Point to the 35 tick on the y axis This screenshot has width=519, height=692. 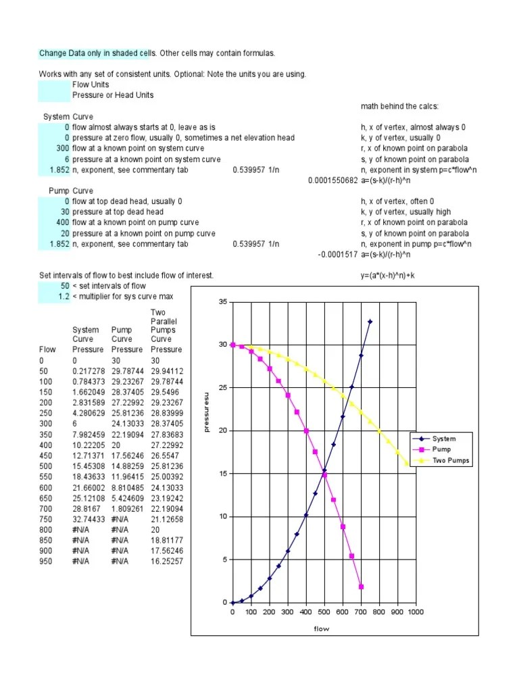[x=223, y=301]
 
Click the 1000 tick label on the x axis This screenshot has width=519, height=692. [x=415, y=612]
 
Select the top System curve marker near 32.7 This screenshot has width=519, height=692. [x=370, y=322]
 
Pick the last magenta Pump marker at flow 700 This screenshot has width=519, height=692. [x=361, y=587]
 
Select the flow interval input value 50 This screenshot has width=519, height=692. [x=64, y=286]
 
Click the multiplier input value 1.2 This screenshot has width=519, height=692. [x=64, y=297]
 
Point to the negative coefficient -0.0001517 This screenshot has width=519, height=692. [x=337, y=254]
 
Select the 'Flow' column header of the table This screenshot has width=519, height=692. [x=48, y=349]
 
